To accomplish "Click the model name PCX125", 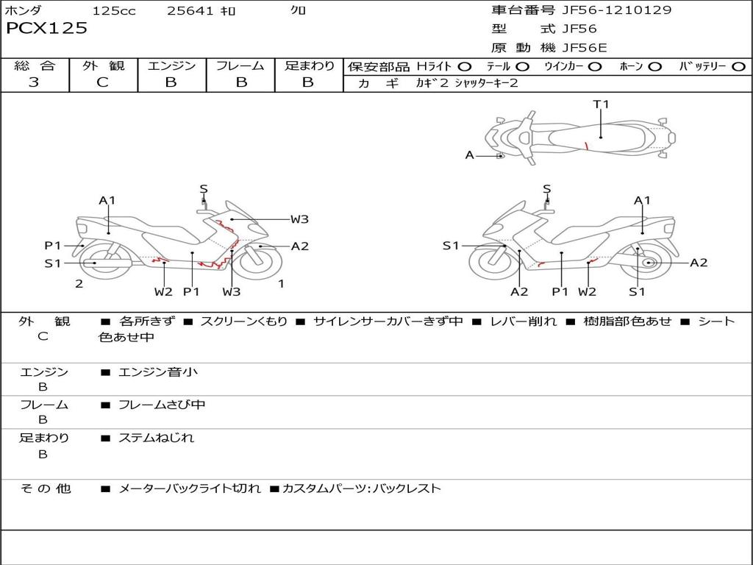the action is (46, 29).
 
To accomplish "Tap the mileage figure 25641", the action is (190, 11).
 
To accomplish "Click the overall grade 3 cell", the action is (34, 82).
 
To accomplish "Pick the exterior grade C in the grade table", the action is (103, 82).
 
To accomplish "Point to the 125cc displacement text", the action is (114, 11).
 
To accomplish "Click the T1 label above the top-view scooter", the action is (602, 104).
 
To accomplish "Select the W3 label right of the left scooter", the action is (299, 218).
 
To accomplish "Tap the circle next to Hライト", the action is (465, 67).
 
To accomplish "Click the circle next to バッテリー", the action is (738, 67).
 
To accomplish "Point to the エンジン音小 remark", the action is (158, 372).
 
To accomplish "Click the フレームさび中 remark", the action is (162, 405).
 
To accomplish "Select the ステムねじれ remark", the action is (157, 438).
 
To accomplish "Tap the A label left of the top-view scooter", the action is (470, 155).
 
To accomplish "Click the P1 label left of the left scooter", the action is (52, 246).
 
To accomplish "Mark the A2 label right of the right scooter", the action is (699, 263).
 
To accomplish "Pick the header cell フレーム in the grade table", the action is (240, 66).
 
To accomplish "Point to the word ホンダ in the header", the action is (24, 11).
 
